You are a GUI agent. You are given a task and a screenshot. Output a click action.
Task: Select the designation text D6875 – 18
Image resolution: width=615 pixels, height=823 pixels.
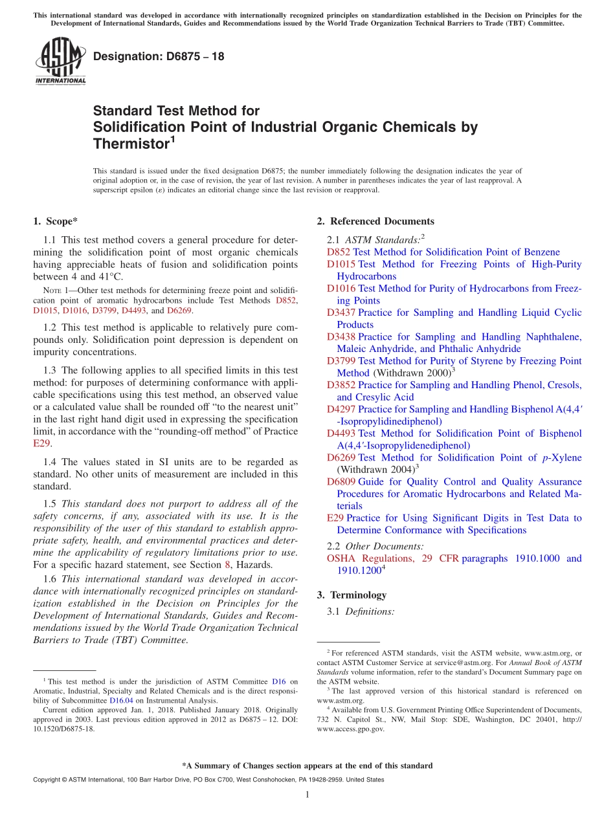pos(159,56)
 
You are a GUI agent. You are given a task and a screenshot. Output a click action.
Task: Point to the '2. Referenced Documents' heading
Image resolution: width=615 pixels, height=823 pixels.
pos(375,221)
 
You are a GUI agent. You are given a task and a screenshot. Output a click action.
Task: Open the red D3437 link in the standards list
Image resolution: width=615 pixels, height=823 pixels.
pos(341,313)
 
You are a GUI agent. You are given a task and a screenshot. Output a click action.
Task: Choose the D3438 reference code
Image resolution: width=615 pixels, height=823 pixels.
pos(341,336)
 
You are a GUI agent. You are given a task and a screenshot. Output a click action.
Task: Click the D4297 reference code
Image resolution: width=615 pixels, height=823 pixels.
pos(341,409)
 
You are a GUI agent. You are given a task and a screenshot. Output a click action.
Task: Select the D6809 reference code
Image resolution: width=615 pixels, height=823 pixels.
pos(341,481)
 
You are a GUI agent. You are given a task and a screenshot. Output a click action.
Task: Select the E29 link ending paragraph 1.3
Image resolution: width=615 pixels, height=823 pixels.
pos(41,444)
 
